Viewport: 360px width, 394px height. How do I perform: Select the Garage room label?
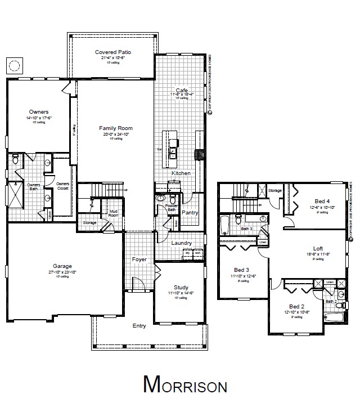[x=63, y=266]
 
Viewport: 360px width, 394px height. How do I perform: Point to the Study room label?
[x=181, y=287]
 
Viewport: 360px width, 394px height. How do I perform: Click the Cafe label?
[x=181, y=90]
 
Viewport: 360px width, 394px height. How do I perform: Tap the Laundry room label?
[x=182, y=243]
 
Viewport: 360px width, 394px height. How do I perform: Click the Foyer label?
[x=139, y=259]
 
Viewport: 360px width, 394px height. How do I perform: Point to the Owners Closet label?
[x=62, y=186]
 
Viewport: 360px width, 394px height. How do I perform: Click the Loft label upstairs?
[x=318, y=248]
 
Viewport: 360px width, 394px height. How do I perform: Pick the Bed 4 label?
[x=322, y=201]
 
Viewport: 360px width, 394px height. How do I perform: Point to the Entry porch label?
[x=139, y=326]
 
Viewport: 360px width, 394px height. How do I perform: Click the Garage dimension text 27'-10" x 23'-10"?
[x=63, y=272]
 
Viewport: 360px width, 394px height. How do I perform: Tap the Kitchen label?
[x=181, y=173]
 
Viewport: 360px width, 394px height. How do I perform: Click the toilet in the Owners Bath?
[x=16, y=159]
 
